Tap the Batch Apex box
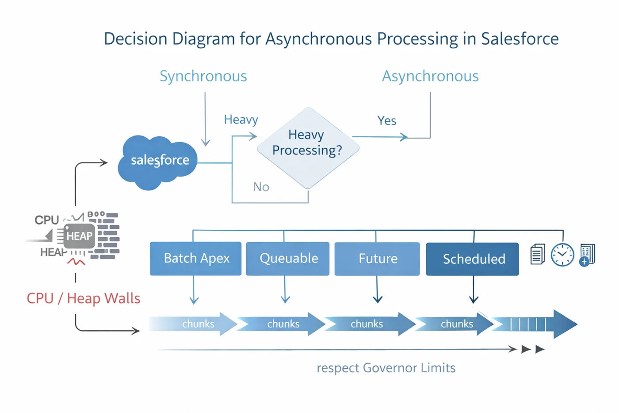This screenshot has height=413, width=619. pos(196,259)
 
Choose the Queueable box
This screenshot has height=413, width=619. pos(288,259)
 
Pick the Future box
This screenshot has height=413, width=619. pos(377,259)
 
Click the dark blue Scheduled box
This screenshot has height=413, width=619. pos(472,259)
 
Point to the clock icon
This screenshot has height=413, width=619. pos(562,255)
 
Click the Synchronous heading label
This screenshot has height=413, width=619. pos(203,76)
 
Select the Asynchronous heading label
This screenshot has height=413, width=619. pos(430,76)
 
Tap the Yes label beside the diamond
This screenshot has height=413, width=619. pos(386,120)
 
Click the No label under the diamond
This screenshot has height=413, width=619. pos(261,187)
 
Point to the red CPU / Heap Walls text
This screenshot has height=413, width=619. pos(83,298)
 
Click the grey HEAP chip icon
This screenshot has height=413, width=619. pos(79,236)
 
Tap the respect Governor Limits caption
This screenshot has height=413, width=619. pos(386,368)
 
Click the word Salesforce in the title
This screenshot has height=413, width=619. pos(520,39)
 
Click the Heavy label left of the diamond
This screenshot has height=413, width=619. pos(241,120)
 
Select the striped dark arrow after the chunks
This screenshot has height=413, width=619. pos(535,324)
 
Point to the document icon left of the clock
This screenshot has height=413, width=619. pos(537,255)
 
